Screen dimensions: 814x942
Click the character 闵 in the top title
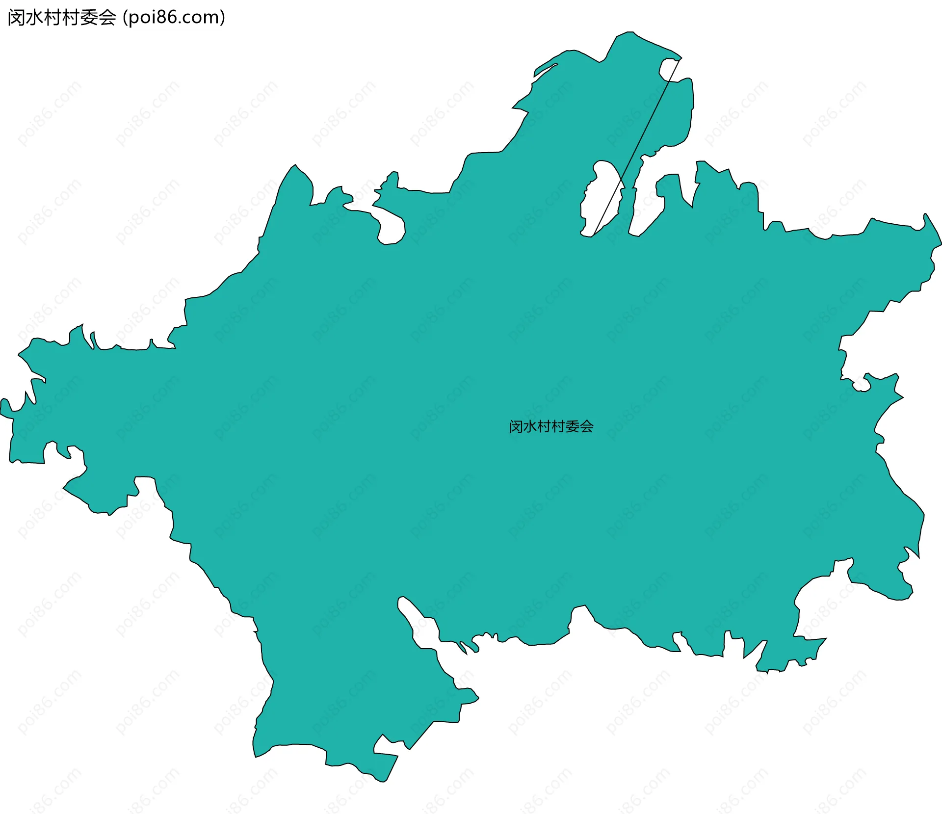17,18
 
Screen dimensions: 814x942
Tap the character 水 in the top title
35,18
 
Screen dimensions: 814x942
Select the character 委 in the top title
89,18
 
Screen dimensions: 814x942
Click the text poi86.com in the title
173,18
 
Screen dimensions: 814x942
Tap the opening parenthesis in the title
126,18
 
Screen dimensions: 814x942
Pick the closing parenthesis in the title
222,18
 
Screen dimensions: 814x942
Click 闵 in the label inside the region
516,426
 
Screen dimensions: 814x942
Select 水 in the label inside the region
530,426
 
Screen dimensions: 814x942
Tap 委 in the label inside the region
572,426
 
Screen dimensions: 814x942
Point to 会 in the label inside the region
586,426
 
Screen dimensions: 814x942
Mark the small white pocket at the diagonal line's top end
668,68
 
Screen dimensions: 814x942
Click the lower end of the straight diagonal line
594,235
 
